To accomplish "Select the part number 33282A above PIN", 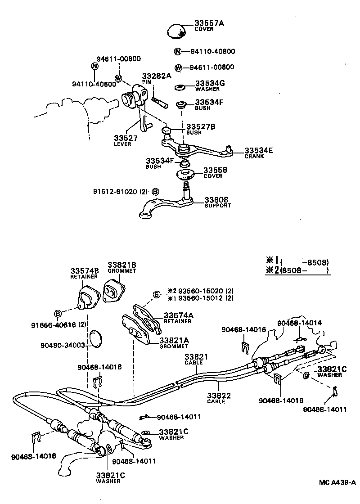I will coord(157,76).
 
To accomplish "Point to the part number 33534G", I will coord(210,83).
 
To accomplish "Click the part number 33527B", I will coord(201,127).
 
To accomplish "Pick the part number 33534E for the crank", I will coord(259,151).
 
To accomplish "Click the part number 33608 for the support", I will coord(216,199).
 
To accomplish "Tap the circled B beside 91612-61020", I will coord(155,191).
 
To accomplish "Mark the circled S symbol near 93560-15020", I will coord(157,294).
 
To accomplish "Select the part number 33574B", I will coord(84,270).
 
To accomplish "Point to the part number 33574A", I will coord(179,315).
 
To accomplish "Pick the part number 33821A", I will coord(174,341).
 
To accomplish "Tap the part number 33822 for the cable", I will coord(219,396).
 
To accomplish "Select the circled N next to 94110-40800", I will coord(178,52).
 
